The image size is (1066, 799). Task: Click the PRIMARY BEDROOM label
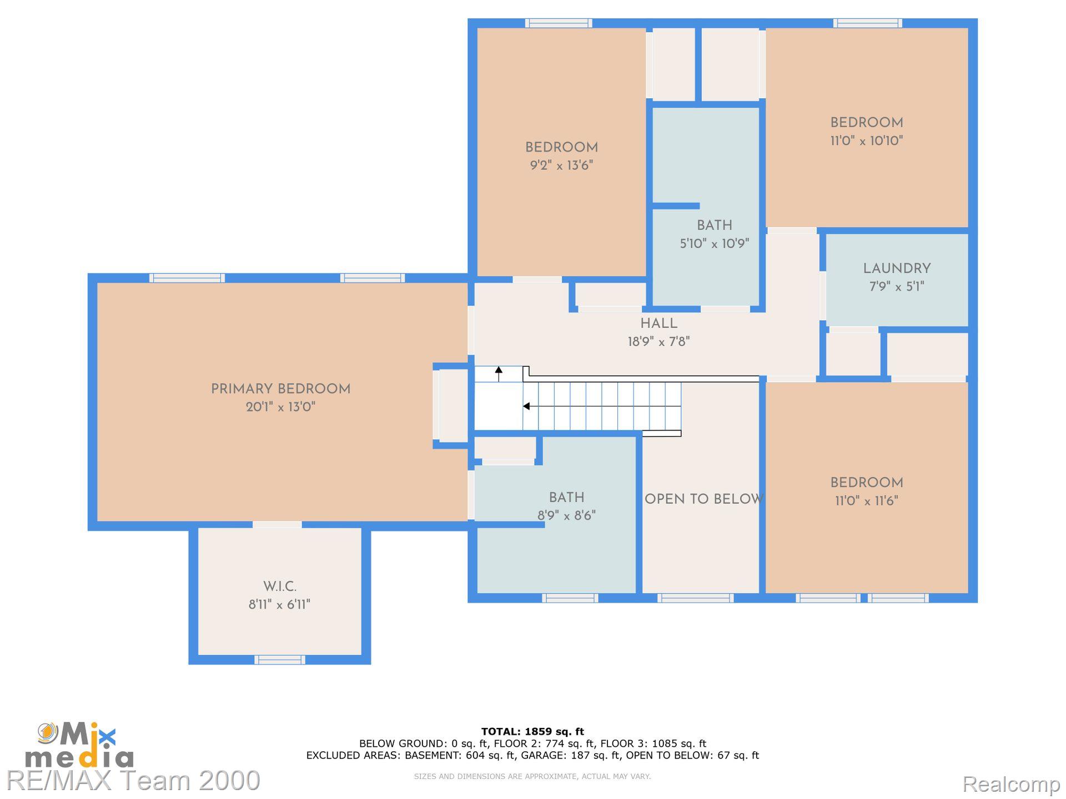pos(280,389)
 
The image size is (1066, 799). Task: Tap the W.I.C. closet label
pos(280,586)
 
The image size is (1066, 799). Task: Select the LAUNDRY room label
pos(897,269)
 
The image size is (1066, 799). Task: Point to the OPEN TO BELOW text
pos(703,499)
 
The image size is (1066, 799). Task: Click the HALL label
pos(659,323)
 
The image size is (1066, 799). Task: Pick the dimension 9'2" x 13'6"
pos(561,165)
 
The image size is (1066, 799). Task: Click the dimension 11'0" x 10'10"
pos(867,140)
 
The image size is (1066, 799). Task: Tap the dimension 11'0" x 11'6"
pos(867,500)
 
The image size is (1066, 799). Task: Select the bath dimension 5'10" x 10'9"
pos(715,244)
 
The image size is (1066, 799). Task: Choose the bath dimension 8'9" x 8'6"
pos(566,515)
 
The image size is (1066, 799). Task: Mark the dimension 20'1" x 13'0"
pos(280,407)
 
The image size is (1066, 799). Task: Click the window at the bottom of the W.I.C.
pos(280,660)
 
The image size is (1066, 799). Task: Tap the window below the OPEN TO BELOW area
pos(695,598)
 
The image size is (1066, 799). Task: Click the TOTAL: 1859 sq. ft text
pos(532,732)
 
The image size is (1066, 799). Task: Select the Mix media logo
pos(79,745)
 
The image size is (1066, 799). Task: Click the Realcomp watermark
pos(1011,784)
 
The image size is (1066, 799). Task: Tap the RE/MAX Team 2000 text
pos(133,780)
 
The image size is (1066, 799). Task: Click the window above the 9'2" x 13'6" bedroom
pos(559,23)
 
